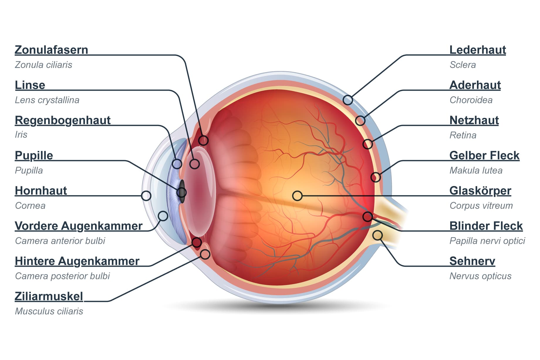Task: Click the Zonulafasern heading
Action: pyautogui.click(x=51, y=50)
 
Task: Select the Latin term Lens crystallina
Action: pyautogui.click(x=47, y=100)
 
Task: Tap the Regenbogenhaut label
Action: pyautogui.click(x=63, y=120)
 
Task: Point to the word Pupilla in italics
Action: pyautogui.click(x=29, y=170)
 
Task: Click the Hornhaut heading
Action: pyautogui.click(x=41, y=191)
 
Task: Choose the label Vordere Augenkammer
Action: pyautogui.click(x=78, y=226)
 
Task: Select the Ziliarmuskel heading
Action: pyautogui.click(x=49, y=296)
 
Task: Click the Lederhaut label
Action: pyautogui.click(x=477, y=50)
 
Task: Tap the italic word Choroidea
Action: pyautogui.click(x=471, y=100)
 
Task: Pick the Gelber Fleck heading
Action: pyautogui.click(x=484, y=156)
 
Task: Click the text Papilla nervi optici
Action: pyautogui.click(x=487, y=241)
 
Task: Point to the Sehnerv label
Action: pyautogui.click(x=472, y=261)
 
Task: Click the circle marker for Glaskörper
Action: pyautogui.click(x=297, y=196)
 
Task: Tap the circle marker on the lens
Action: pyautogui.click(x=195, y=164)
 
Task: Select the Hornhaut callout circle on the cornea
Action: pyautogui.click(x=146, y=196)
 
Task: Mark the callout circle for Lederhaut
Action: pyautogui.click(x=348, y=100)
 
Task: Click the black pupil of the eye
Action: pyautogui.click(x=182, y=192)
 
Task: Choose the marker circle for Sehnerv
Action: pyautogui.click(x=378, y=235)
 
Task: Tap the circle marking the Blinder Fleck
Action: pyautogui.click(x=367, y=217)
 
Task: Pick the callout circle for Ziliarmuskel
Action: pyautogui.click(x=205, y=254)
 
